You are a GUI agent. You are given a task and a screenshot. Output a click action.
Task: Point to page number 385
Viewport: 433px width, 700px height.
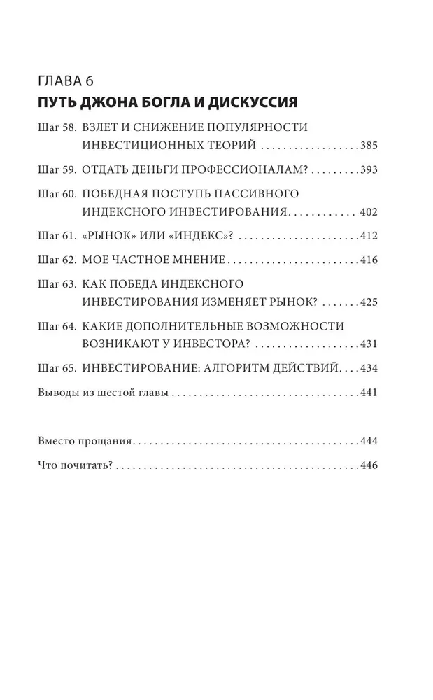pyautogui.click(x=369, y=147)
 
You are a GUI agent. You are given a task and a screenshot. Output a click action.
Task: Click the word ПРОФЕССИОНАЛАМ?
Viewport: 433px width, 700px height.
pyautogui.click(x=247, y=170)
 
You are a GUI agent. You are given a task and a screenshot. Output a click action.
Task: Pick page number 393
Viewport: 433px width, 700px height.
pyautogui.click(x=369, y=170)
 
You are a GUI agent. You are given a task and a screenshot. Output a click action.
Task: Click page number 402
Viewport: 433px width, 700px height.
pyautogui.click(x=367, y=212)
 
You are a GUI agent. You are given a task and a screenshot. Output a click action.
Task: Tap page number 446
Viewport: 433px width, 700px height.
pyautogui.click(x=369, y=465)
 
